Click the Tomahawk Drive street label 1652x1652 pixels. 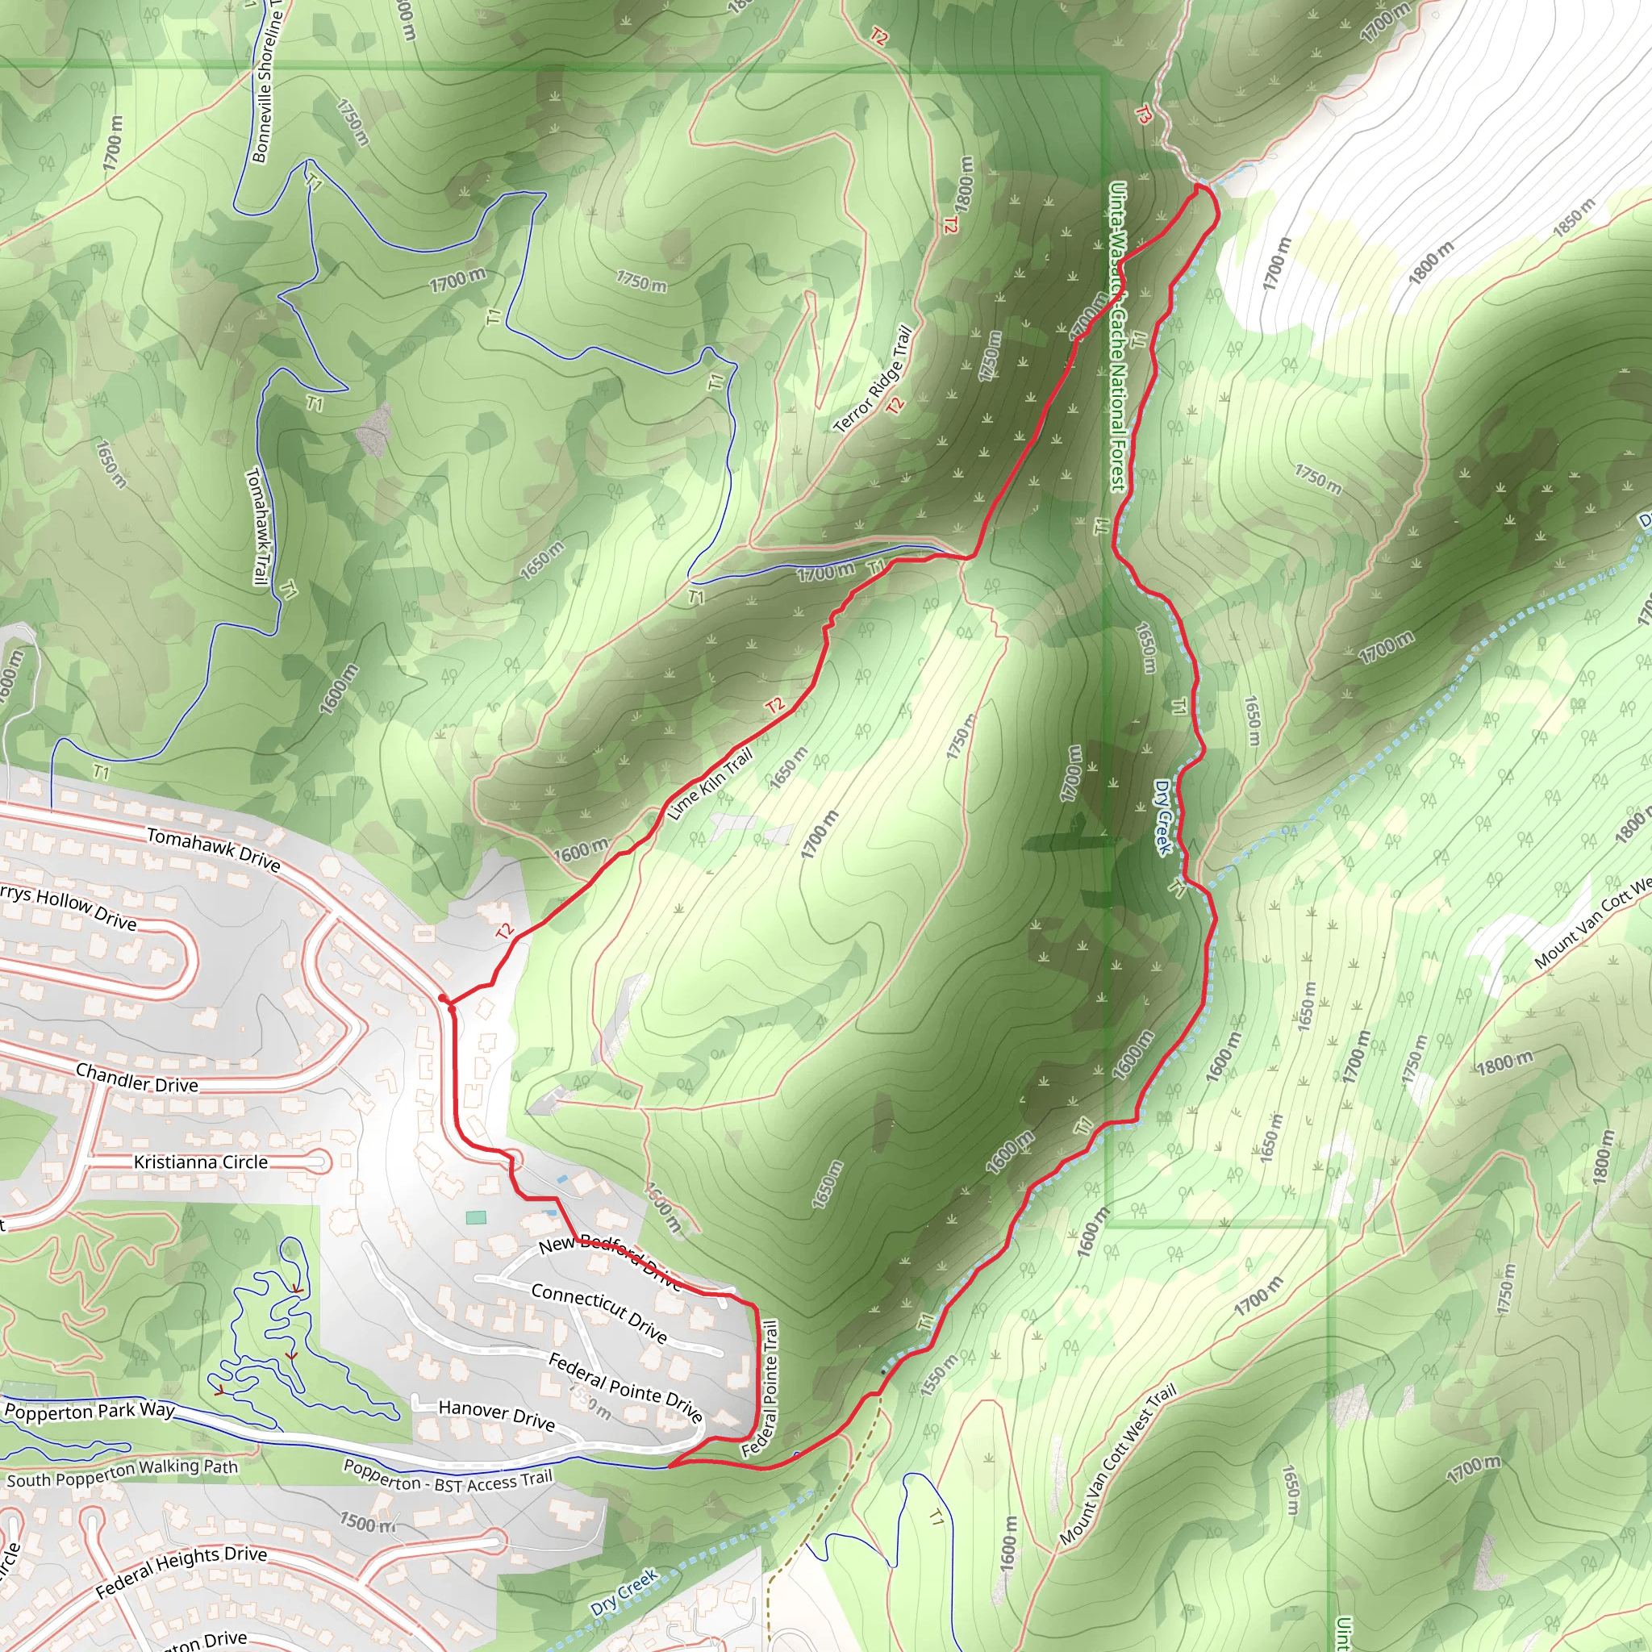pyautogui.click(x=213, y=849)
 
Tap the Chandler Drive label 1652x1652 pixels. pyautogui.click(x=137, y=1078)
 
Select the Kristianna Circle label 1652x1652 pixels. pyautogui.click(x=201, y=1162)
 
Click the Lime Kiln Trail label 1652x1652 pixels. pyautogui.click(x=709, y=783)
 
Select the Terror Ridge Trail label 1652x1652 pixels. pyautogui.click(x=872, y=379)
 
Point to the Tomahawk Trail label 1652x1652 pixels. pyautogui.click(x=257, y=526)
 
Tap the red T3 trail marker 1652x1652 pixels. pyautogui.click(x=1143, y=115)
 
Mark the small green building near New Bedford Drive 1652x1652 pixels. pyautogui.click(x=476, y=1216)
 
